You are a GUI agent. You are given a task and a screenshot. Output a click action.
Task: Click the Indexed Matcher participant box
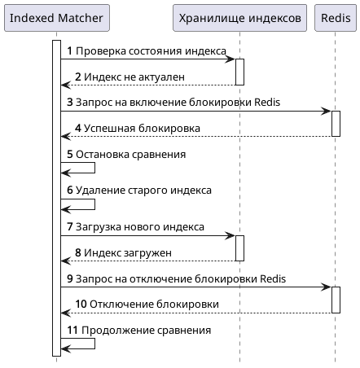[x=56, y=18]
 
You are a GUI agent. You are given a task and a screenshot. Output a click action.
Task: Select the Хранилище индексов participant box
[x=239, y=18]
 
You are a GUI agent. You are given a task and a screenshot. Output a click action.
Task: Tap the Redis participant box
[x=335, y=18]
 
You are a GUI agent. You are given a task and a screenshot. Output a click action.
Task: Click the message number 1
[x=70, y=50]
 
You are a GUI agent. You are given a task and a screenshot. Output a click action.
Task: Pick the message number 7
[x=70, y=226]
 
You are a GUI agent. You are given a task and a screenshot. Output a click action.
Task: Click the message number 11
[x=72, y=331]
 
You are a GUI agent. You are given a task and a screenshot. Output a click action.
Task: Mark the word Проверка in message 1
[x=99, y=50]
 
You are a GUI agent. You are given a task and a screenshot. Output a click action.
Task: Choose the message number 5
[x=70, y=154]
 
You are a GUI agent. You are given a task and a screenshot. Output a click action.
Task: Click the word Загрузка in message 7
[x=99, y=226]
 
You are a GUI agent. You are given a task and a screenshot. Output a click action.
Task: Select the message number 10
[x=81, y=304]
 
